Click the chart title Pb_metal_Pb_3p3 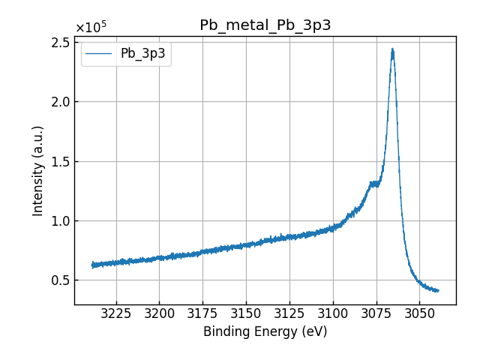pos(265,25)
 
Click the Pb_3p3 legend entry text pos(142,54)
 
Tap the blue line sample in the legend pos(99,54)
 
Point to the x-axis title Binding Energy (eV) pos(265,331)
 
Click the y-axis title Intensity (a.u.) pos(38,170)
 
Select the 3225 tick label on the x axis pos(116,312)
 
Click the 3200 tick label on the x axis pos(159,312)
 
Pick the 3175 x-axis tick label pos(202,312)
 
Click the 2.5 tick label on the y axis pos(60,43)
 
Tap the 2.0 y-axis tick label pos(60,102)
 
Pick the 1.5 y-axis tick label pos(60,161)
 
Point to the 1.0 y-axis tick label pos(60,221)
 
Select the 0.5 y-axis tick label pos(60,280)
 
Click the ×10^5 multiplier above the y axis pos(91,28)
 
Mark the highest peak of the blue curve pos(392,49)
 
